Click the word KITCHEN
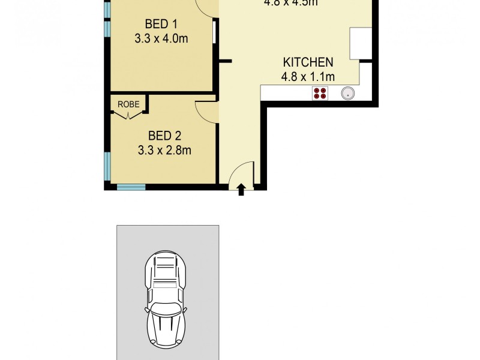click(x=308, y=62)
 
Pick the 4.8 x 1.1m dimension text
click(x=308, y=76)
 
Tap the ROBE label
click(x=128, y=104)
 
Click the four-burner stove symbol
click(x=320, y=93)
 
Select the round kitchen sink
click(x=348, y=93)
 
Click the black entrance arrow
click(x=241, y=190)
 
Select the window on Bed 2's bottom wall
click(x=131, y=187)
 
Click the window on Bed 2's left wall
click(x=107, y=166)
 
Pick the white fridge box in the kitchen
click(x=361, y=44)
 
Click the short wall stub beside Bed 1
click(x=225, y=61)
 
